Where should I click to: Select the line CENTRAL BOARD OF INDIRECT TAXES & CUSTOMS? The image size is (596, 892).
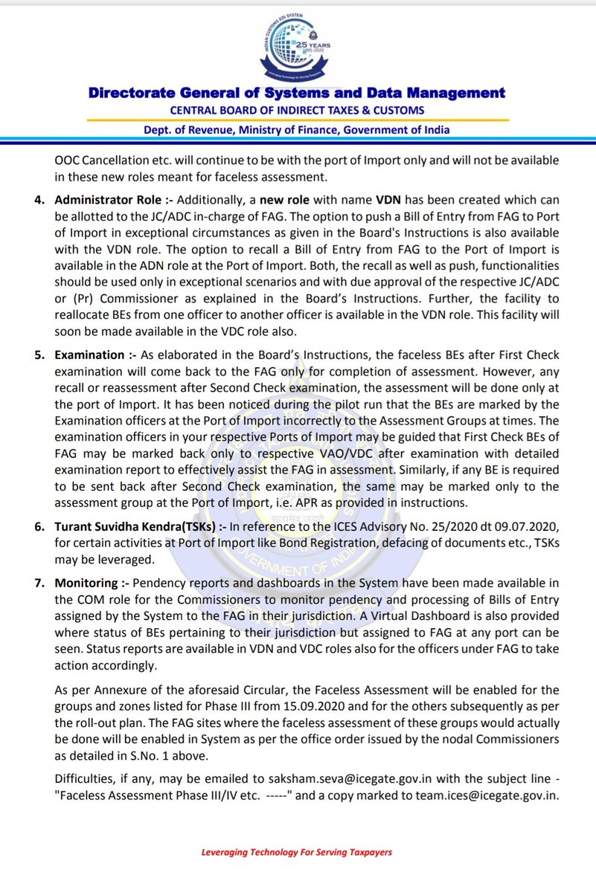[x=298, y=110]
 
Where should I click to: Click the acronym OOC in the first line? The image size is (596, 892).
[x=68, y=161]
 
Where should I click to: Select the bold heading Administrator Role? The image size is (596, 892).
[x=107, y=200]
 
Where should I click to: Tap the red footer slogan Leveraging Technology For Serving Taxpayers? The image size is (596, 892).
[x=297, y=852]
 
